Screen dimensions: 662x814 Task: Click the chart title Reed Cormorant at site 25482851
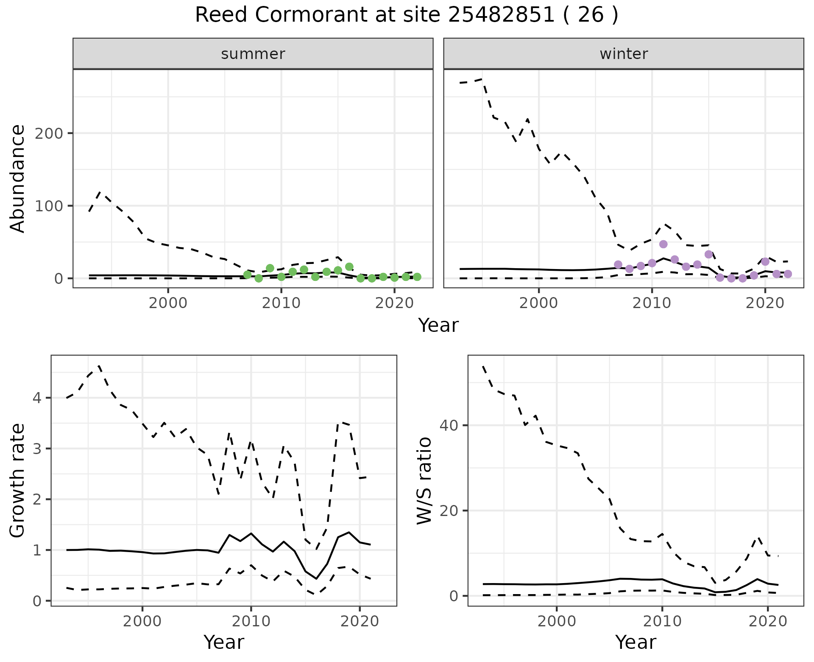(x=406, y=15)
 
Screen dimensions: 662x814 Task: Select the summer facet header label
(x=253, y=54)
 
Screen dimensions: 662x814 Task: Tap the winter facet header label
(x=624, y=54)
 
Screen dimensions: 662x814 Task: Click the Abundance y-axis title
(x=18, y=179)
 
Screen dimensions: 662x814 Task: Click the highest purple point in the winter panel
(x=663, y=244)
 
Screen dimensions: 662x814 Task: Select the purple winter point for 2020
(x=765, y=261)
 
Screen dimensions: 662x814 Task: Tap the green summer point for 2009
(x=270, y=268)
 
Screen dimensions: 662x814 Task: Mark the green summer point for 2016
(x=349, y=266)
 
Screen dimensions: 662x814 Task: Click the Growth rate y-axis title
(x=18, y=481)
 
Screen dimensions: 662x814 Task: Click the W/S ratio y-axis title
(x=424, y=481)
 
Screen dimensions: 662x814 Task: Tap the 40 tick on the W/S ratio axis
(x=449, y=425)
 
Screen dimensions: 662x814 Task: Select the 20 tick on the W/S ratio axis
(x=449, y=511)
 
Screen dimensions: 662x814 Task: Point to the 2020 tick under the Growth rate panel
(x=360, y=621)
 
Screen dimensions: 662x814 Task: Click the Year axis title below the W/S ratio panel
(x=636, y=642)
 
